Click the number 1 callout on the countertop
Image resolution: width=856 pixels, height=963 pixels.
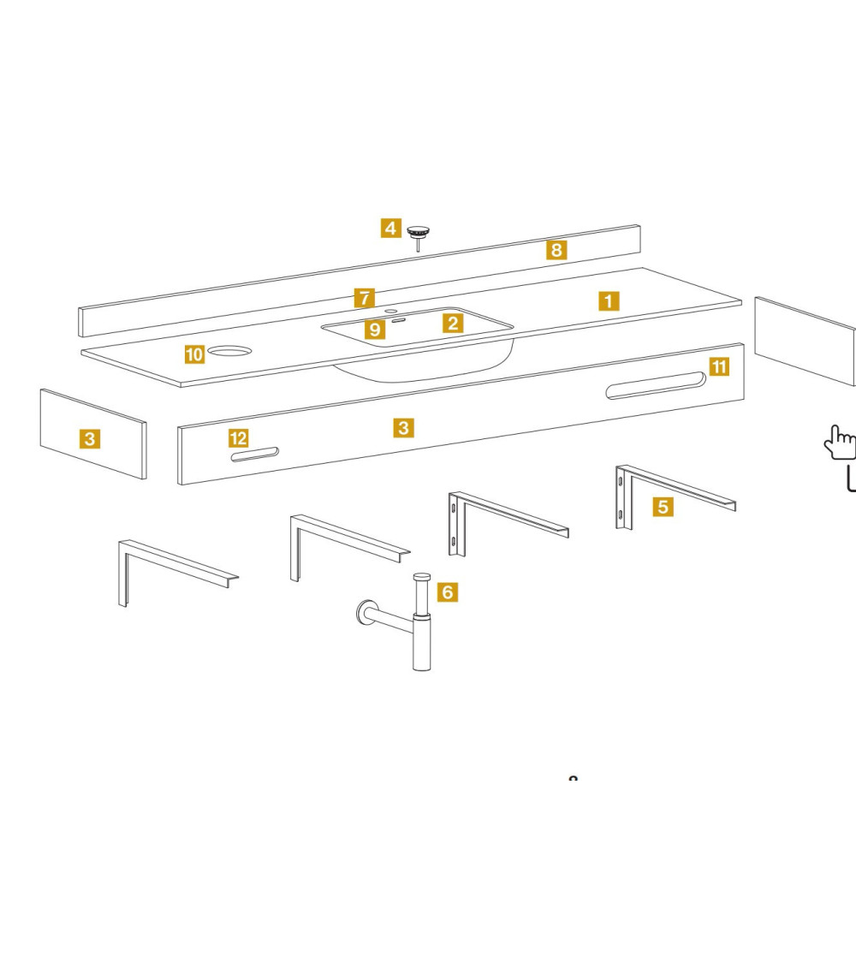coord(608,301)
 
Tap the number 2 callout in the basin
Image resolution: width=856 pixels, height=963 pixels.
coord(453,324)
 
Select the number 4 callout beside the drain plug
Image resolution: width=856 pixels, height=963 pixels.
coord(390,229)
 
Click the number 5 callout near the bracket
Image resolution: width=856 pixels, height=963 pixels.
coord(662,507)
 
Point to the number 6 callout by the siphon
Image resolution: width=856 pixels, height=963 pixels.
coord(447,591)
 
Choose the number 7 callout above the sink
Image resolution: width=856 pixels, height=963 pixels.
coord(365,298)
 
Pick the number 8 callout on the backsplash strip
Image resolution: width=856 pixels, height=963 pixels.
coord(556,250)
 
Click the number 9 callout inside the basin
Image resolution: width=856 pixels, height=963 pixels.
coord(375,330)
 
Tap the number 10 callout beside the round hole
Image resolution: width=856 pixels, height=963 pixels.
coord(195,354)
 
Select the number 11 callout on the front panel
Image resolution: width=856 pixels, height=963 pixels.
coord(719,367)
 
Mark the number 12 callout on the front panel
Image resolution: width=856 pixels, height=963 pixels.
coord(238,438)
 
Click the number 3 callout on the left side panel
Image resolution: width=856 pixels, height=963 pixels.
coord(89,440)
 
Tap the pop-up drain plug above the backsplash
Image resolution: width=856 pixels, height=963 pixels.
coord(418,233)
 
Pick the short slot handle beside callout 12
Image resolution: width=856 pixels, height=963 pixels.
coord(254,455)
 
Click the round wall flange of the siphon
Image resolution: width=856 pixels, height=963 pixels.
coord(365,612)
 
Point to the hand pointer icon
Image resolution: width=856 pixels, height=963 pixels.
coord(840,443)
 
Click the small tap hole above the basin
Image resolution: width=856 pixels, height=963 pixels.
coord(391,311)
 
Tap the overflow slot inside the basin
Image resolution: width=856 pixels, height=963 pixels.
coord(399,321)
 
